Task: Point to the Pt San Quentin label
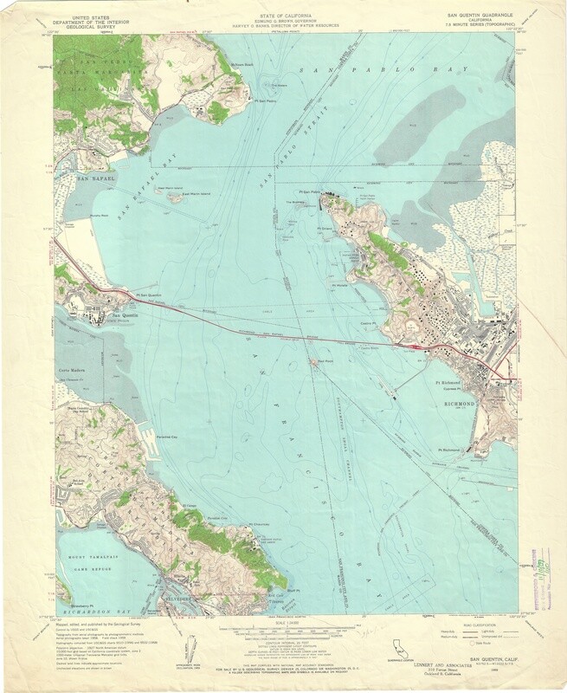point(149,295)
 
